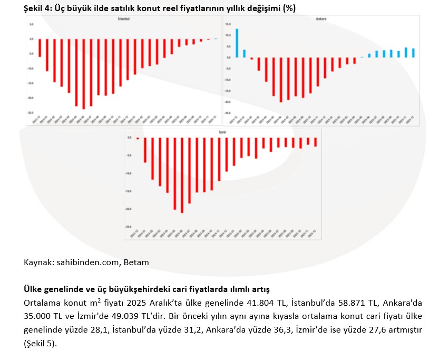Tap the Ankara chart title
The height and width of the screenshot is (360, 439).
coord(321,19)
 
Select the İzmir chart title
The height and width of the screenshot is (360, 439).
coord(222,131)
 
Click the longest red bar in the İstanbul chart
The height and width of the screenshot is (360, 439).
coord(84,73)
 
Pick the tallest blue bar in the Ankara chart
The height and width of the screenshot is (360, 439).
coord(237,43)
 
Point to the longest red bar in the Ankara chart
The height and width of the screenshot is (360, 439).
coord(281,80)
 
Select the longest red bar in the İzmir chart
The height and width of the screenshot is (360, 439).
coord(182,175)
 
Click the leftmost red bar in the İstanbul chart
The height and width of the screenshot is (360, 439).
coord(40,47)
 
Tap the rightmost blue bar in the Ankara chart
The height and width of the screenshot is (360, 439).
coord(413,53)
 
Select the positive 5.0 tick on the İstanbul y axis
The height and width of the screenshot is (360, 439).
coord(32,24)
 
